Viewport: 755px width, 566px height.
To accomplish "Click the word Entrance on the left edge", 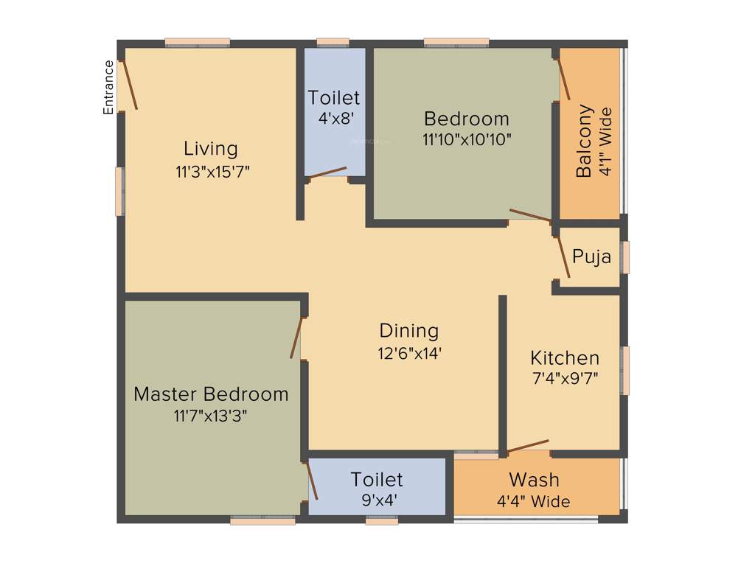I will [x=108, y=87].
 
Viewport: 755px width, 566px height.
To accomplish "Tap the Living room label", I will [x=211, y=148].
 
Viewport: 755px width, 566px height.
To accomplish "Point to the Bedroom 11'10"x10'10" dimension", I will [x=467, y=139].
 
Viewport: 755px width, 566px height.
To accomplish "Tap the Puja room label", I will [x=592, y=257].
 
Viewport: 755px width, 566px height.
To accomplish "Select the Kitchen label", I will [x=565, y=358].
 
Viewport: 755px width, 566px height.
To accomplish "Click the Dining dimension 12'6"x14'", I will [x=409, y=353].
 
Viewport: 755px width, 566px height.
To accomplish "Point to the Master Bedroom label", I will [x=211, y=394].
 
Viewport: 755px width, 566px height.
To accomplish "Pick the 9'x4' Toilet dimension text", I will [x=377, y=500].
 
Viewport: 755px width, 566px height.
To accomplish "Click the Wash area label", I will [x=534, y=480].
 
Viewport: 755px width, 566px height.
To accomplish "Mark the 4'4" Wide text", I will [x=533, y=502].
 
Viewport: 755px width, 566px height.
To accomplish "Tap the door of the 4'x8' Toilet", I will [x=327, y=172].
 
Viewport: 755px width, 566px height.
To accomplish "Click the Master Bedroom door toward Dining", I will [x=296, y=338].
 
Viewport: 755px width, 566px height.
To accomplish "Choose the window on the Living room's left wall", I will [x=119, y=192].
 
